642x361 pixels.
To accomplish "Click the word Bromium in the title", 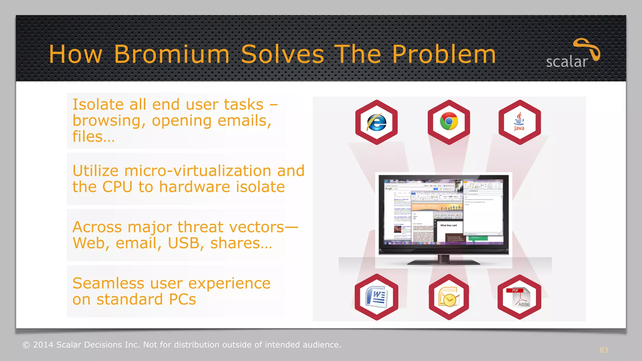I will [172, 54].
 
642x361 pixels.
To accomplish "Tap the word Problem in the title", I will [444, 54].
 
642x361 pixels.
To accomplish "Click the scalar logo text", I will [567, 62].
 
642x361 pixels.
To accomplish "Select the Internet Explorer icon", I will [376, 122].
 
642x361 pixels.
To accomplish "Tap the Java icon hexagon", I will [519, 122].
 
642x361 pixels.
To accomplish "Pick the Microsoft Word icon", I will [376, 297].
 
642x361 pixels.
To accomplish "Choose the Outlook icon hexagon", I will [449, 297].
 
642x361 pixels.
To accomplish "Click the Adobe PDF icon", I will [519, 297].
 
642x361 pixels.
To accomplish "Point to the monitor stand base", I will [443, 262].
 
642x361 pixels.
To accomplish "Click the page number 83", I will [603, 350].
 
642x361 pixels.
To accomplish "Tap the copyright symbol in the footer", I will [26, 345].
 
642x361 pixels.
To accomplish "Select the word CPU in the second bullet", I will [117, 187].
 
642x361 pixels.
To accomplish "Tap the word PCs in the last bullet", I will [182, 299].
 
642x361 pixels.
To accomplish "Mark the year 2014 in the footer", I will [43, 345].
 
